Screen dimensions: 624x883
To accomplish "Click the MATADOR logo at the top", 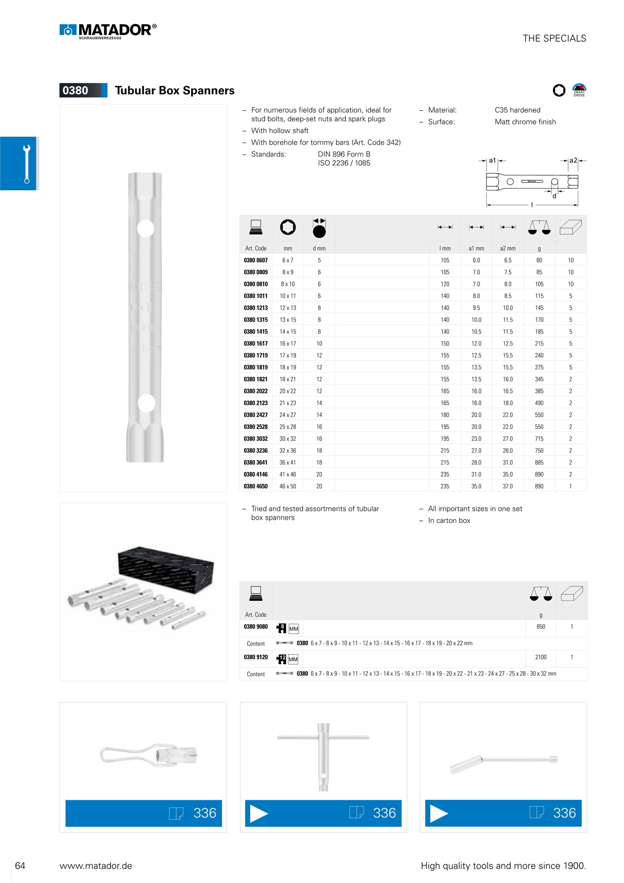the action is (108, 31).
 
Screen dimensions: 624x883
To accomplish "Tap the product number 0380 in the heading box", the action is (75, 90).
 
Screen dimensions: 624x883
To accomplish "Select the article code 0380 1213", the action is (256, 308).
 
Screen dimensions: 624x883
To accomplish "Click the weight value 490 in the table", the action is (539, 403).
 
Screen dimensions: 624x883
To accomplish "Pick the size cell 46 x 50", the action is (288, 486).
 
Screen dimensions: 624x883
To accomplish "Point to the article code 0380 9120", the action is (256, 657).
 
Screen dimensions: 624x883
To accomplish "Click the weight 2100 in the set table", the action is (541, 657).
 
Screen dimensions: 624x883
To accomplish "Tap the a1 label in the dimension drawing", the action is (492, 160).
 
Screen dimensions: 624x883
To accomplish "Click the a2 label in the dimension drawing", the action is (573, 160).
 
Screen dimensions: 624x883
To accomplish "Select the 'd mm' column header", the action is (319, 248).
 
